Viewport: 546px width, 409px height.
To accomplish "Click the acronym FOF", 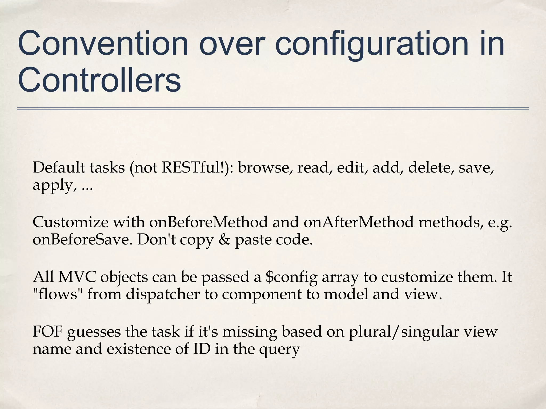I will coord(48,332).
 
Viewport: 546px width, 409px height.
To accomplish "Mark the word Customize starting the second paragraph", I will coord(71,222).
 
